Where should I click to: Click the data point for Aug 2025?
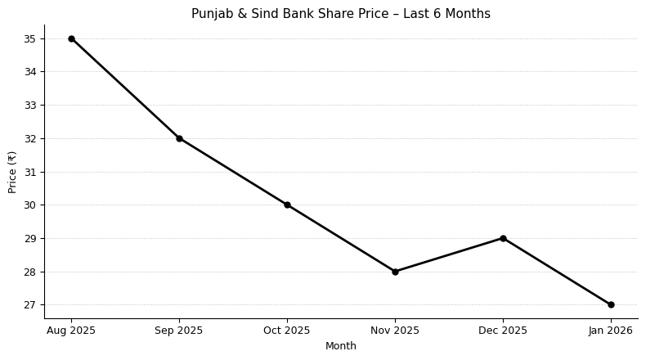[71, 38]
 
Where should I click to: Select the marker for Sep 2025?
[179, 138]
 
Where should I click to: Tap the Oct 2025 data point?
[287, 205]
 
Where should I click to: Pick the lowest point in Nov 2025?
[395, 272]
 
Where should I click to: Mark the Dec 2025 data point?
[503, 238]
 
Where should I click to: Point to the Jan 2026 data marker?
[611, 304]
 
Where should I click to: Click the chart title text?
[340, 14]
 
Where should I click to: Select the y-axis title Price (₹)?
[12, 172]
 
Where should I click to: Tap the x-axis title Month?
[340, 346]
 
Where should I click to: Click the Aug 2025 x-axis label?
[71, 331]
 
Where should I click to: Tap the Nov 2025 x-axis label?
[395, 331]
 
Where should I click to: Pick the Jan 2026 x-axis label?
[611, 331]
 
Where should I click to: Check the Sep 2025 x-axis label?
[179, 331]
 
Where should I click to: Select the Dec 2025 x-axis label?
[503, 331]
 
